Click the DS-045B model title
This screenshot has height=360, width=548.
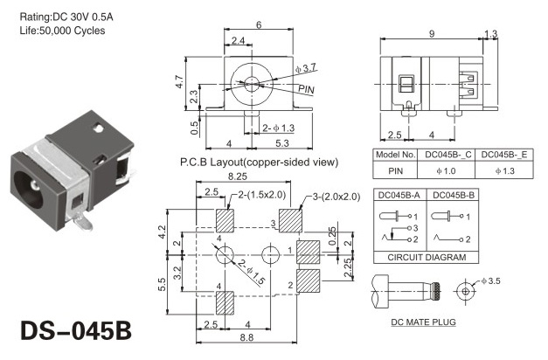pos(76,330)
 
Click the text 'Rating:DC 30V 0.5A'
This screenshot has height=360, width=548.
pos(66,17)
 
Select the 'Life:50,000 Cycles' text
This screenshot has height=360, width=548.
pos(62,31)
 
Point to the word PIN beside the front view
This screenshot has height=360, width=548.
pos(306,89)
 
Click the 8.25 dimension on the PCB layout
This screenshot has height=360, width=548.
pos(238,177)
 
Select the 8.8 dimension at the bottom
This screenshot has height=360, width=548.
pos(246,337)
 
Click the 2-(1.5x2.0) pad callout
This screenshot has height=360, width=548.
pos(262,194)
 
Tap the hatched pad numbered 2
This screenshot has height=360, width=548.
pos(309,280)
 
